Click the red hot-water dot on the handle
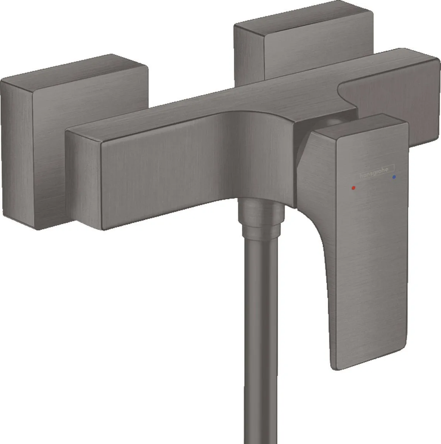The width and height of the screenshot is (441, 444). (x=354, y=188)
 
